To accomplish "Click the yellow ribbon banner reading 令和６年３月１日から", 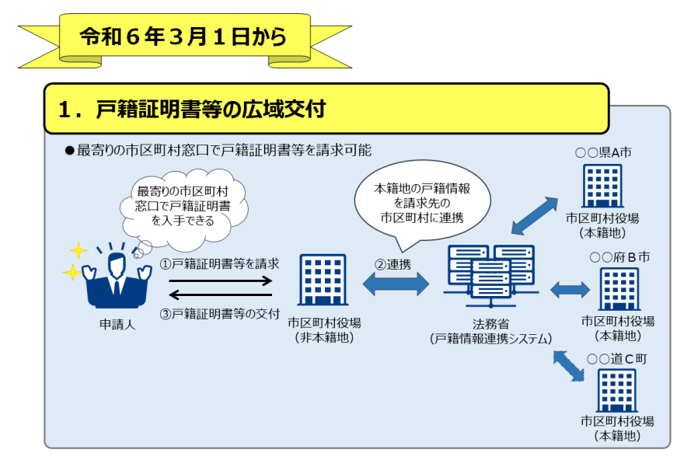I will click(x=183, y=37).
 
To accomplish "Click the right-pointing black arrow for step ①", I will click(x=220, y=280).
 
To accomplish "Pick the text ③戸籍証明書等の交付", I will click(x=220, y=314).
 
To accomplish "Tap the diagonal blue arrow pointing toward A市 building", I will click(x=535, y=215).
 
